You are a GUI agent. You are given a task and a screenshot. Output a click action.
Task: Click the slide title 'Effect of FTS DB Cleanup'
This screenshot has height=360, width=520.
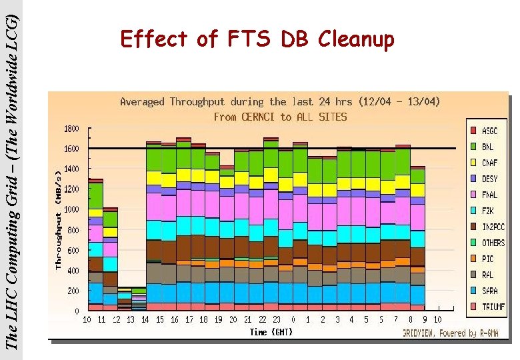pos(257,40)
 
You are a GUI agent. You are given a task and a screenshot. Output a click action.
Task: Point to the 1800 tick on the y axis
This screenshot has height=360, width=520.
pos(71,128)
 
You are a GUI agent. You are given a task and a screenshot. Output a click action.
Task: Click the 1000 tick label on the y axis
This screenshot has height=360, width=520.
pos(71,209)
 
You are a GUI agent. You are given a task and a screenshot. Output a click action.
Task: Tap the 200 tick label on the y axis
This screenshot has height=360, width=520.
pos(73,291)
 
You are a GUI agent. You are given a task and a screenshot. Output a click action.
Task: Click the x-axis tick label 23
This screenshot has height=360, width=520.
pos(277,320)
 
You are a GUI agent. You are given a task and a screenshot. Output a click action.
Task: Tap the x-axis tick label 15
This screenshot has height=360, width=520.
pos(160,320)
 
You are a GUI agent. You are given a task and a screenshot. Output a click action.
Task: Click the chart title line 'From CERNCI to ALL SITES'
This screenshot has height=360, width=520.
pos(280,117)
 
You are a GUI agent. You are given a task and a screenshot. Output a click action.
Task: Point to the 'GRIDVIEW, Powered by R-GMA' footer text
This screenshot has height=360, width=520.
pos(449,332)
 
